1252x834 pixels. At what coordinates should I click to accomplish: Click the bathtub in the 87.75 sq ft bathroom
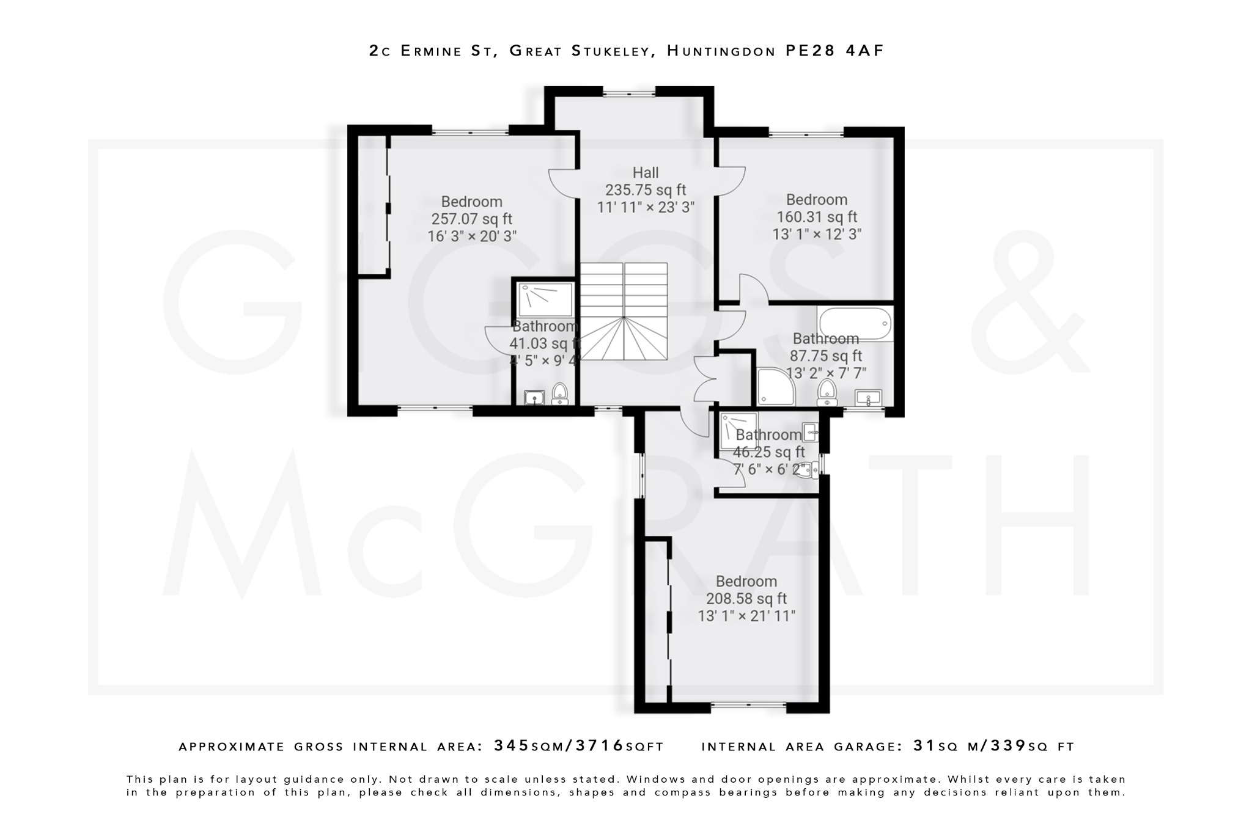pos(855,324)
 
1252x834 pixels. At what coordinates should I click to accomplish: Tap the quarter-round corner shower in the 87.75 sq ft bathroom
pos(775,387)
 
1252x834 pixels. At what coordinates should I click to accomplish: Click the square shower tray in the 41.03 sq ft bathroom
pos(545,299)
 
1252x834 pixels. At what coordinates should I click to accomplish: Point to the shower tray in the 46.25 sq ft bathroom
pos(738,431)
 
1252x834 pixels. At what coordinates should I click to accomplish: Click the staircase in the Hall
pos(623,311)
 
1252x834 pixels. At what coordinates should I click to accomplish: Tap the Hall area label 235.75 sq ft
pos(646,190)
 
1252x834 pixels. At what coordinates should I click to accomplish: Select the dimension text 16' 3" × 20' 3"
pos(472,236)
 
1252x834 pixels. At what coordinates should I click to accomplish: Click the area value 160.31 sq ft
pos(817,217)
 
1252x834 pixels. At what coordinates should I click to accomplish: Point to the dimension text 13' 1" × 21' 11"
pos(746,616)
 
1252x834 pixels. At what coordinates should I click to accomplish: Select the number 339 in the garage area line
pos(1008,746)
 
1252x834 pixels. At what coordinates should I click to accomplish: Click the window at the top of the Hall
pos(629,93)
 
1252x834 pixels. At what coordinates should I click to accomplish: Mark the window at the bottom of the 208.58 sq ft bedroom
pos(748,706)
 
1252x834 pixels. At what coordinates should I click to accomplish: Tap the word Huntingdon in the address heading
pos(721,51)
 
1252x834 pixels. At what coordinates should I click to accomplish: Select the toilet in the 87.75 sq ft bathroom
pos(827,391)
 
